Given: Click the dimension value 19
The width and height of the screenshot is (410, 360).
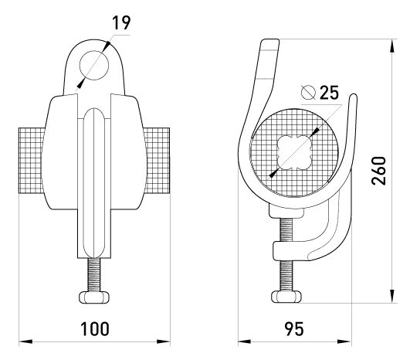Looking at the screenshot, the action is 121,22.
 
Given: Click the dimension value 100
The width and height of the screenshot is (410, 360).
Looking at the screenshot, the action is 94,328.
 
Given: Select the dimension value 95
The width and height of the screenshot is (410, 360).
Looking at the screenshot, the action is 294,329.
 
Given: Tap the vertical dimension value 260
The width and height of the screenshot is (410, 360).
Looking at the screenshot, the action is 378,171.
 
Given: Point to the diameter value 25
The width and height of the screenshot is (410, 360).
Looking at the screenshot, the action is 329,93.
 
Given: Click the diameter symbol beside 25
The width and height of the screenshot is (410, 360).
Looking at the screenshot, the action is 308,93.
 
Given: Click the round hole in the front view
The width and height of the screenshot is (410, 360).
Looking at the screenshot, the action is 94,66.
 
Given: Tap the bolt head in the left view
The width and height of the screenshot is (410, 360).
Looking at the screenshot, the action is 94,297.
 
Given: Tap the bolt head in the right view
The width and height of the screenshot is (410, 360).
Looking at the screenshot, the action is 286,297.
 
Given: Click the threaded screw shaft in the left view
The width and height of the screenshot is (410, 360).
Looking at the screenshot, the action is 94,275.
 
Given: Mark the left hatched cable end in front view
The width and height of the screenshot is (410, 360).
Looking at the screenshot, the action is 32,161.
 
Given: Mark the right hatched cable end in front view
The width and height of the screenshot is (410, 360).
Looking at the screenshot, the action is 157,161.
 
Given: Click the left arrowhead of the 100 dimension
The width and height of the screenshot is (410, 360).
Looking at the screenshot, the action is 25,341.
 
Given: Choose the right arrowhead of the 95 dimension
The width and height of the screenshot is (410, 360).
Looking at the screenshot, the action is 344,341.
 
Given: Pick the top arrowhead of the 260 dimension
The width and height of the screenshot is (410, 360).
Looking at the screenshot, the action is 391,46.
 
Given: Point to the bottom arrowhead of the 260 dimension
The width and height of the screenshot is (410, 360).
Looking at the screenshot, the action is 391,296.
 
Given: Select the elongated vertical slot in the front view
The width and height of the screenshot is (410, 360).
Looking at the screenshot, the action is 94,183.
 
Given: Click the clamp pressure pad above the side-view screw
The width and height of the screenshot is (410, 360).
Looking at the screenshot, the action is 286,211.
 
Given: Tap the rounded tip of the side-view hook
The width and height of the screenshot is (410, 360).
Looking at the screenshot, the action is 354,97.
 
